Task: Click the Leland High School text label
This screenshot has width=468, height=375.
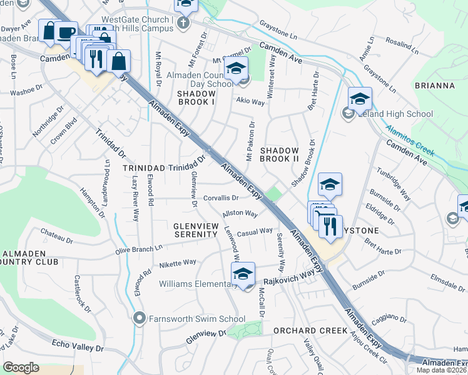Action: click(x=394, y=114)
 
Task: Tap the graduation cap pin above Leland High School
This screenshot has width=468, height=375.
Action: click(x=360, y=99)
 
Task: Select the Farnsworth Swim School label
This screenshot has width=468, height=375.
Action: click(x=196, y=319)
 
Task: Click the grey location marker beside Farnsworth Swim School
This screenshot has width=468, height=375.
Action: click(x=140, y=319)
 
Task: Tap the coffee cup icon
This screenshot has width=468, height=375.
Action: click(x=66, y=32)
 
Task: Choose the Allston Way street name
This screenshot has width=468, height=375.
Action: click(x=240, y=214)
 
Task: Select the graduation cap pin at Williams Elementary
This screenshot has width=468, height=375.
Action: click(x=243, y=273)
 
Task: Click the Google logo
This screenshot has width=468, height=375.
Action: click(x=21, y=367)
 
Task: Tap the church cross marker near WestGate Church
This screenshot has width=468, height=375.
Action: click(x=183, y=24)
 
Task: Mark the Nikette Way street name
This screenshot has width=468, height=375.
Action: click(x=177, y=263)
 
